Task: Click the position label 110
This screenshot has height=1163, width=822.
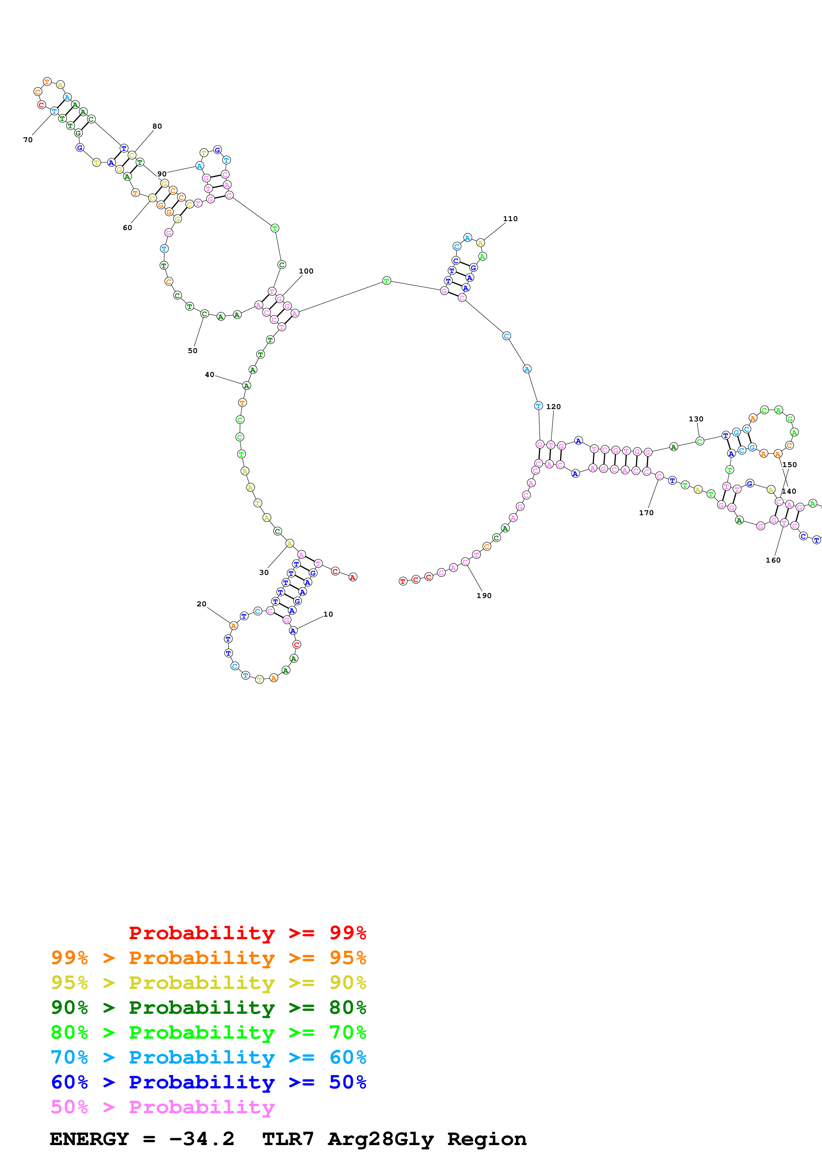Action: click(510, 219)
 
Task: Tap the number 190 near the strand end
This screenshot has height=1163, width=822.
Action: click(484, 596)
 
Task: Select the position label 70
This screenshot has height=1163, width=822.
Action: click(28, 140)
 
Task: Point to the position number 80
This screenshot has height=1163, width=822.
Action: click(157, 126)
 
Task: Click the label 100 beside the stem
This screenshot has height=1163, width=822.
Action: click(306, 271)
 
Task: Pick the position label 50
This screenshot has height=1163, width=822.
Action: click(192, 350)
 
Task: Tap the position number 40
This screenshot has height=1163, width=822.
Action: click(209, 375)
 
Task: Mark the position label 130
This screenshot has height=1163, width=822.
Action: click(696, 419)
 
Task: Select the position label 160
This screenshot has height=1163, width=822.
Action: click(773, 560)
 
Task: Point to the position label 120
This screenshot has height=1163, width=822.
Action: click(553, 407)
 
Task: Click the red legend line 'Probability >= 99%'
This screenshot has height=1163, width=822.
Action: click(247, 933)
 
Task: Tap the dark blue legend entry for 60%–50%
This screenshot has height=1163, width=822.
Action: click(208, 1082)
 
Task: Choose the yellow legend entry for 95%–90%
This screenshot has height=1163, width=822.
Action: click(208, 983)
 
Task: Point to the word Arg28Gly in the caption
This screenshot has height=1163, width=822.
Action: click(381, 1139)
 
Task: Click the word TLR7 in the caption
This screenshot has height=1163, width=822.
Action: click(288, 1139)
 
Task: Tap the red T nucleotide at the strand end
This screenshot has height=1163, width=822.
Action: click(403, 581)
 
